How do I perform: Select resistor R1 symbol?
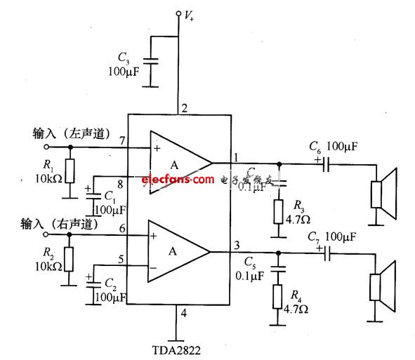coord(70,169)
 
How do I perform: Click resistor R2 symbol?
coord(70,258)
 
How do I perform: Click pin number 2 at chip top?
coord(184,108)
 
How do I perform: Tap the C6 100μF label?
coord(334,147)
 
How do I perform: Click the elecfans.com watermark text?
coord(178,180)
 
